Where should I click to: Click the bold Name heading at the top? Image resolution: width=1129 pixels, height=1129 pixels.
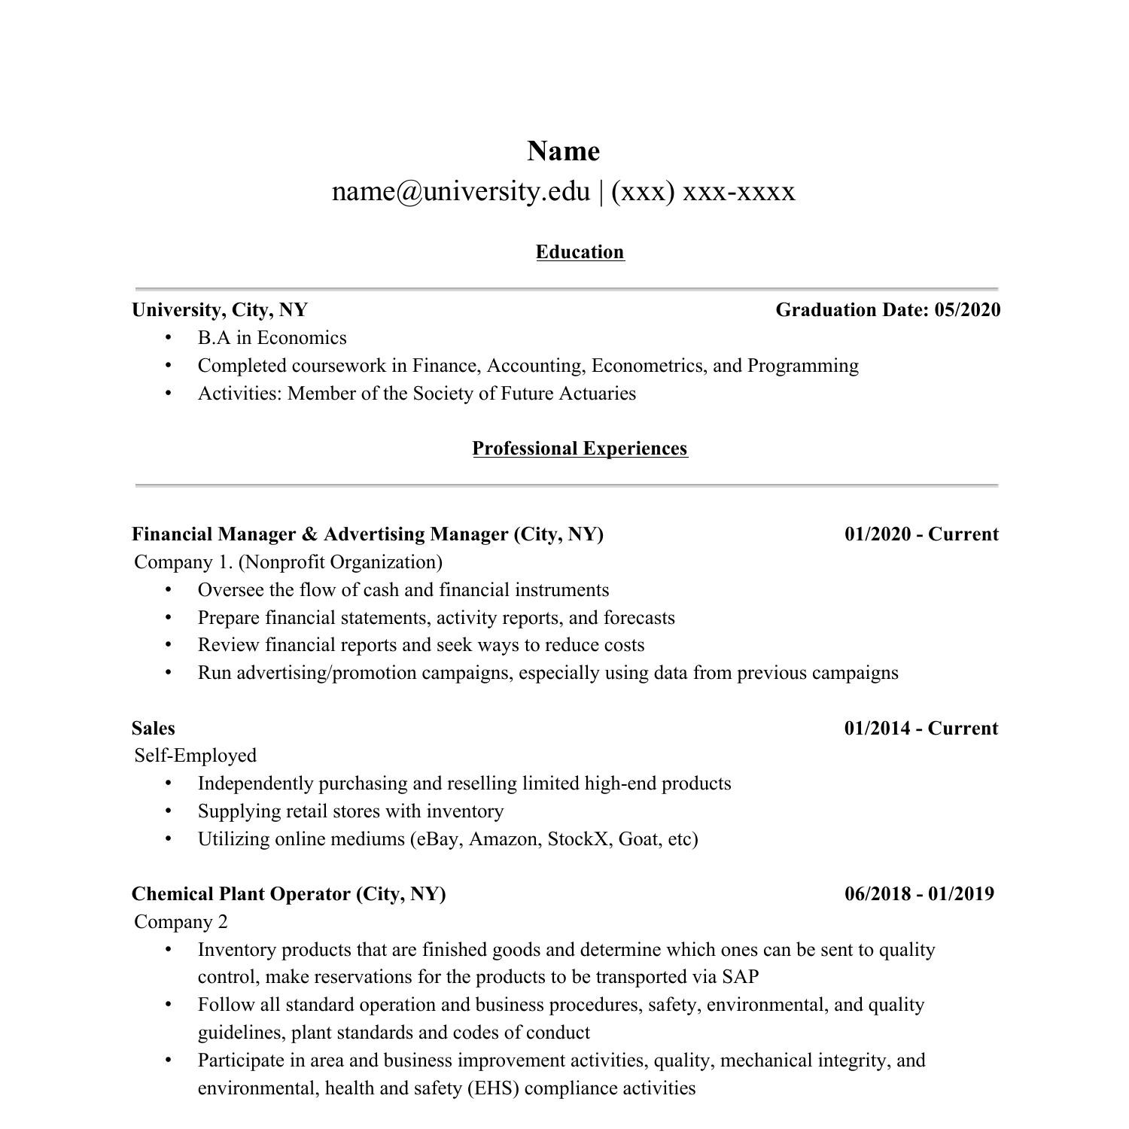pyautogui.click(x=563, y=151)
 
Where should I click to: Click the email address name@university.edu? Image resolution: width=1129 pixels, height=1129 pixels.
pyautogui.click(x=461, y=191)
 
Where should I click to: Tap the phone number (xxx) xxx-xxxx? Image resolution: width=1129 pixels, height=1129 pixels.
pyautogui.click(x=703, y=191)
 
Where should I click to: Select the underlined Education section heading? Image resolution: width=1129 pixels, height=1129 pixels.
pyautogui.click(x=580, y=252)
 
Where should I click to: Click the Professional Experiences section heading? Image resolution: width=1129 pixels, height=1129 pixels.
pyautogui.click(x=580, y=449)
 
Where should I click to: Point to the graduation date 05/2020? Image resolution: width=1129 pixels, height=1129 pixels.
pyautogui.click(x=967, y=310)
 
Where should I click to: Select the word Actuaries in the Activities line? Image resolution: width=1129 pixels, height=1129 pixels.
pyautogui.click(x=598, y=394)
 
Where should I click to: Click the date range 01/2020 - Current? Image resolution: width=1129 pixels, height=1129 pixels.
pyautogui.click(x=921, y=534)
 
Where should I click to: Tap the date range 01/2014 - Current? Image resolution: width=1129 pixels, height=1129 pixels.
pyautogui.click(x=921, y=729)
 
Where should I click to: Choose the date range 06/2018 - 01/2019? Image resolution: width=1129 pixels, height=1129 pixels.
pyautogui.click(x=919, y=894)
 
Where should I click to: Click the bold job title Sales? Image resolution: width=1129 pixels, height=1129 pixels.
pyautogui.click(x=153, y=729)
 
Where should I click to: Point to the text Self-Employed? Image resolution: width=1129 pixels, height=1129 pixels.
pyautogui.click(x=195, y=756)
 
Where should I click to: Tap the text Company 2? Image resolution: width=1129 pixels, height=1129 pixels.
pyautogui.click(x=181, y=922)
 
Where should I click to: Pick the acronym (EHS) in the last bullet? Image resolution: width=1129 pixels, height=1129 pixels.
pyautogui.click(x=493, y=1088)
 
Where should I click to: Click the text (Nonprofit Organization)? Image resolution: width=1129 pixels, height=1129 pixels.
pyautogui.click(x=340, y=562)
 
